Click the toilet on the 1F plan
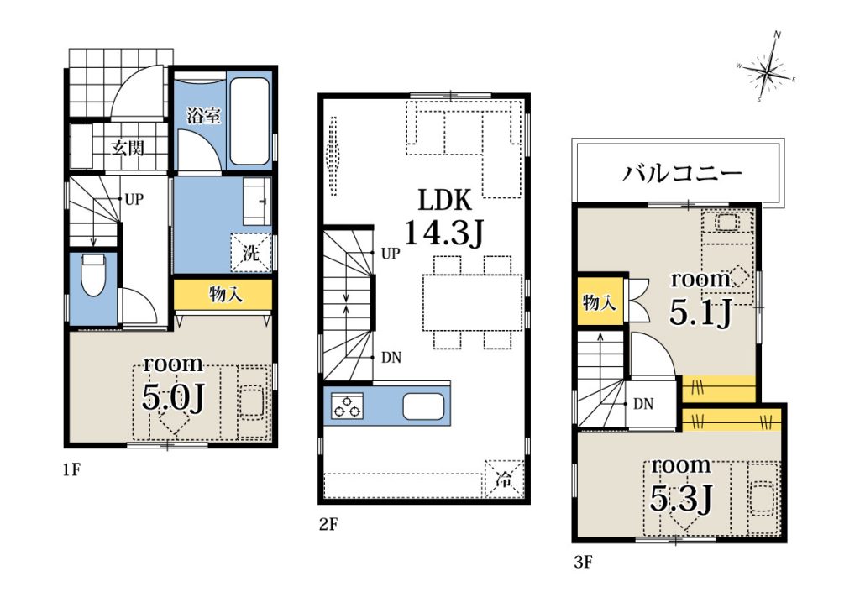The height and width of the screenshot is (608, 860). (x=93, y=274)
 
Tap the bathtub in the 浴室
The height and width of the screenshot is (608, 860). (x=249, y=122)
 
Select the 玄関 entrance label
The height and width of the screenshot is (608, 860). (x=128, y=148)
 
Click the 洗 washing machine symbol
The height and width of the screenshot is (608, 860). (x=251, y=253)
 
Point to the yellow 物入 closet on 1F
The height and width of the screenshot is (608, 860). (x=223, y=295)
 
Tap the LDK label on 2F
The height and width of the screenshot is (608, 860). (x=444, y=200)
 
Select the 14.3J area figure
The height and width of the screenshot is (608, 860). (x=444, y=233)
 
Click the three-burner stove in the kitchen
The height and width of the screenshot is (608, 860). (x=347, y=406)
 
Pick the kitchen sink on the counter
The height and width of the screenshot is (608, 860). (x=423, y=406)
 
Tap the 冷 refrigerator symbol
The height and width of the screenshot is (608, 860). (x=504, y=479)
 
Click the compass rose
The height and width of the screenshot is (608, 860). (x=767, y=68)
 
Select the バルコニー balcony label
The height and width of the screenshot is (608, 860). (x=681, y=173)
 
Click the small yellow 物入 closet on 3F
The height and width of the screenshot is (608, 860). (x=600, y=301)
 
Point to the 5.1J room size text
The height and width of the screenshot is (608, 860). (x=700, y=313)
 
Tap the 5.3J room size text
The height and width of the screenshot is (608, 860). (x=680, y=499)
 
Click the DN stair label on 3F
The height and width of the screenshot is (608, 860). (x=643, y=404)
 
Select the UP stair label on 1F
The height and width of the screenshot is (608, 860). (x=134, y=200)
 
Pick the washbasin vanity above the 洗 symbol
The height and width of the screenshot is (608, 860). (x=257, y=202)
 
